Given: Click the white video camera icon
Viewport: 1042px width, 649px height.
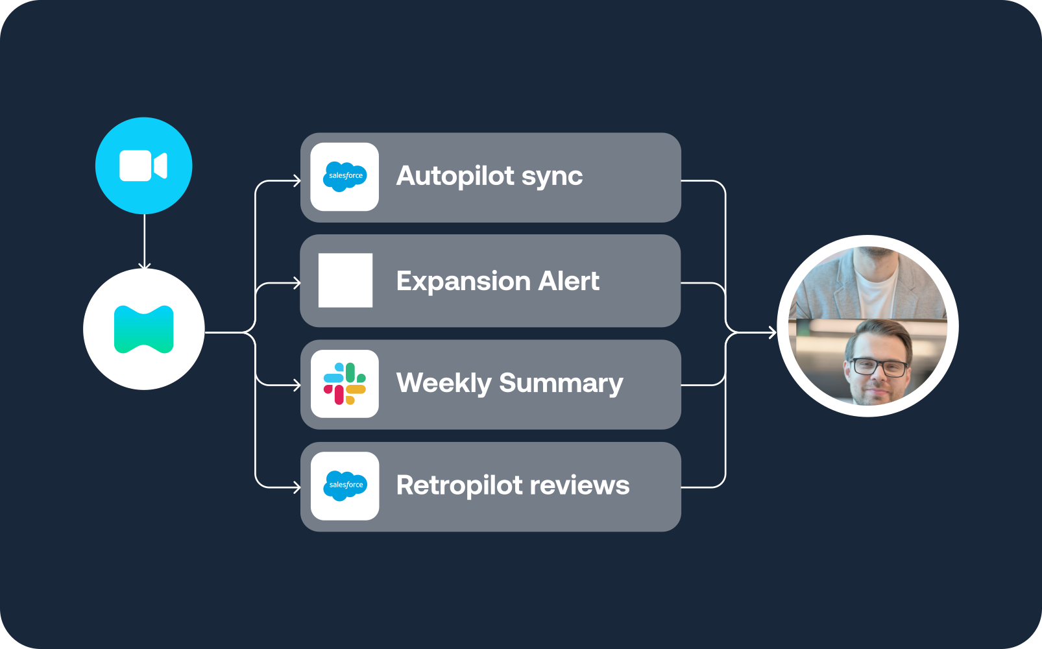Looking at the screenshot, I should [x=143, y=165].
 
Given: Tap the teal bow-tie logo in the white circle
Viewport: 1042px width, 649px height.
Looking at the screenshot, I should [x=143, y=330].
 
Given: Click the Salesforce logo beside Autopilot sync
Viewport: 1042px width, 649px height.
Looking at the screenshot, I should [x=345, y=177].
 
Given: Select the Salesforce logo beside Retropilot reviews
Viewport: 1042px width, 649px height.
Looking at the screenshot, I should [x=345, y=485].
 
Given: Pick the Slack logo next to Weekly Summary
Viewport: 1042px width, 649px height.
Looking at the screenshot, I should [x=345, y=384].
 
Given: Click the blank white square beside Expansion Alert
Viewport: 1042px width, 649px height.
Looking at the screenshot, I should [x=345, y=280].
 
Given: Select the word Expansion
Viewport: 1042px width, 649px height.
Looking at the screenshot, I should [x=463, y=282].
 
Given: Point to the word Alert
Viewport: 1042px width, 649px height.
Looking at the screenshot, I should [x=568, y=281].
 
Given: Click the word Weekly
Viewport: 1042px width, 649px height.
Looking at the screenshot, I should [x=444, y=384].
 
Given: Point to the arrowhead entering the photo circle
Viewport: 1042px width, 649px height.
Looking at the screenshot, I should [x=772, y=333].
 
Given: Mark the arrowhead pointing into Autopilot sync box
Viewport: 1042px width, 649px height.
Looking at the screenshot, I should [x=297, y=181].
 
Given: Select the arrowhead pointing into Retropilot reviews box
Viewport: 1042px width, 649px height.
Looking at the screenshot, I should [x=297, y=487].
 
